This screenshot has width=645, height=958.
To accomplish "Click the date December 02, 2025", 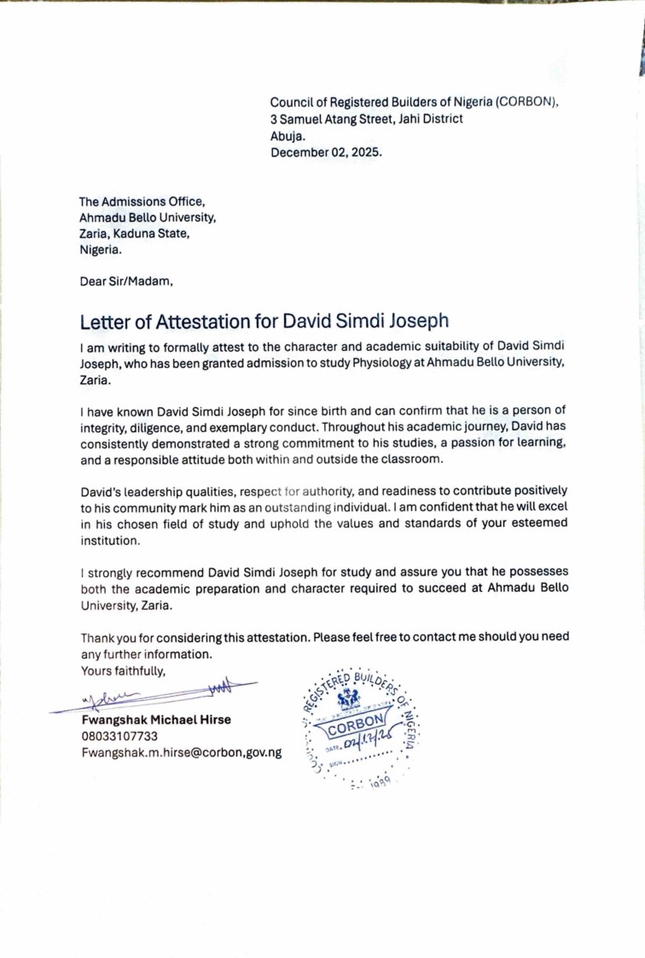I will point(327,153).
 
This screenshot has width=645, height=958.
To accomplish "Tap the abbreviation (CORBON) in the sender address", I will point(526,102).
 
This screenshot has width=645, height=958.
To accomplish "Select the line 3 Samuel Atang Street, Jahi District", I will point(367,119).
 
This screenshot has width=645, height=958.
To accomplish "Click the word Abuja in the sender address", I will point(287,136).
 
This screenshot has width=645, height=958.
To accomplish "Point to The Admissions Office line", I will point(142,202).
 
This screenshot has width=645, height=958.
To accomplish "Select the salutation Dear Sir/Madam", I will point(126,279).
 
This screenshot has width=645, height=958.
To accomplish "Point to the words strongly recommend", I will point(136,571).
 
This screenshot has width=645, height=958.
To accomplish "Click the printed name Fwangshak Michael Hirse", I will point(156,720).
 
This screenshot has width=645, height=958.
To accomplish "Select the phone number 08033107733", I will point(120,736).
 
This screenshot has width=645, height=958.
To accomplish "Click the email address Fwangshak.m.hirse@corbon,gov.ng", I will point(182,752).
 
